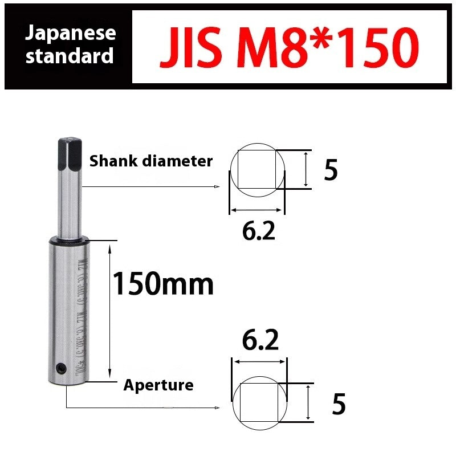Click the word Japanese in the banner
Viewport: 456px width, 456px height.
(70, 32)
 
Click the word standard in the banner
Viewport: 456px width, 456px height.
(70, 56)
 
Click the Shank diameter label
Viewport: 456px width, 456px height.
(150, 161)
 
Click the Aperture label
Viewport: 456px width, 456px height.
(158, 385)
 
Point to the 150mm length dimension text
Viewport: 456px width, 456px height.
(163, 283)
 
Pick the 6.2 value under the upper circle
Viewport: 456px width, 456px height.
(258, 230)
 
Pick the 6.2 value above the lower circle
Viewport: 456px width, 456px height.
(260, 341)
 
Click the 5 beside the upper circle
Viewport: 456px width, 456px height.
(331, 170)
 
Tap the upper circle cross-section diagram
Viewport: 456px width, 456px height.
(257, 170)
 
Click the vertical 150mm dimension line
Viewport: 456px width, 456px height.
(109, 311)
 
